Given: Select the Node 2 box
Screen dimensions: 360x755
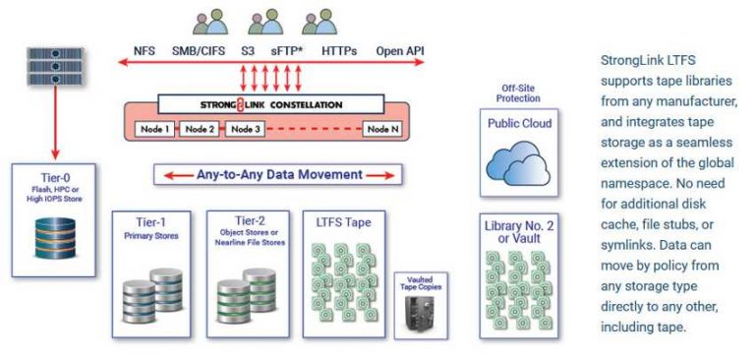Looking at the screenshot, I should (201, 129).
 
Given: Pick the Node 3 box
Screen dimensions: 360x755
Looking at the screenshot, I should (244, 129).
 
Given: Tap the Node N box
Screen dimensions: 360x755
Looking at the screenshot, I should (381, 129).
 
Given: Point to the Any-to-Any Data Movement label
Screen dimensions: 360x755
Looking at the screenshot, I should (278, 174).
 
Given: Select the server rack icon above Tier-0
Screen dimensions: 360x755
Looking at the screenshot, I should (39, 64).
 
